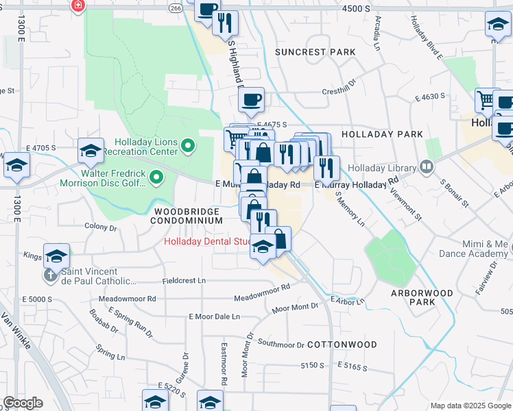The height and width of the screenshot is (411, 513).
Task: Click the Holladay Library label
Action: click(382, 168)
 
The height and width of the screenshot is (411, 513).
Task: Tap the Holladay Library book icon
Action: click(427, 166)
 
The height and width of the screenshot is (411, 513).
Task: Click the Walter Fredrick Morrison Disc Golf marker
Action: click(157, 179)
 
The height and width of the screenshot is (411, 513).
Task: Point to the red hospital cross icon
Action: click(77, 5)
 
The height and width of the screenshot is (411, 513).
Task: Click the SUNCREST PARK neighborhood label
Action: click(315, 52)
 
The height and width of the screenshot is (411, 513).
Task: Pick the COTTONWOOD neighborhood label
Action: click(342, 344)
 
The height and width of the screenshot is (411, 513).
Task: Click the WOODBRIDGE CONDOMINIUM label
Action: click(188, 216)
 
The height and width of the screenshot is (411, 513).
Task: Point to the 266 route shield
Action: click(176, 8)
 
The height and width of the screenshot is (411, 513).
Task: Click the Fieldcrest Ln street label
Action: click(184, 281)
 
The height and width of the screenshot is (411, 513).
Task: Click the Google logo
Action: click(23, 403)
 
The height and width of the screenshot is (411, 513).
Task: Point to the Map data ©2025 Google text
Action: click(470, 406)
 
